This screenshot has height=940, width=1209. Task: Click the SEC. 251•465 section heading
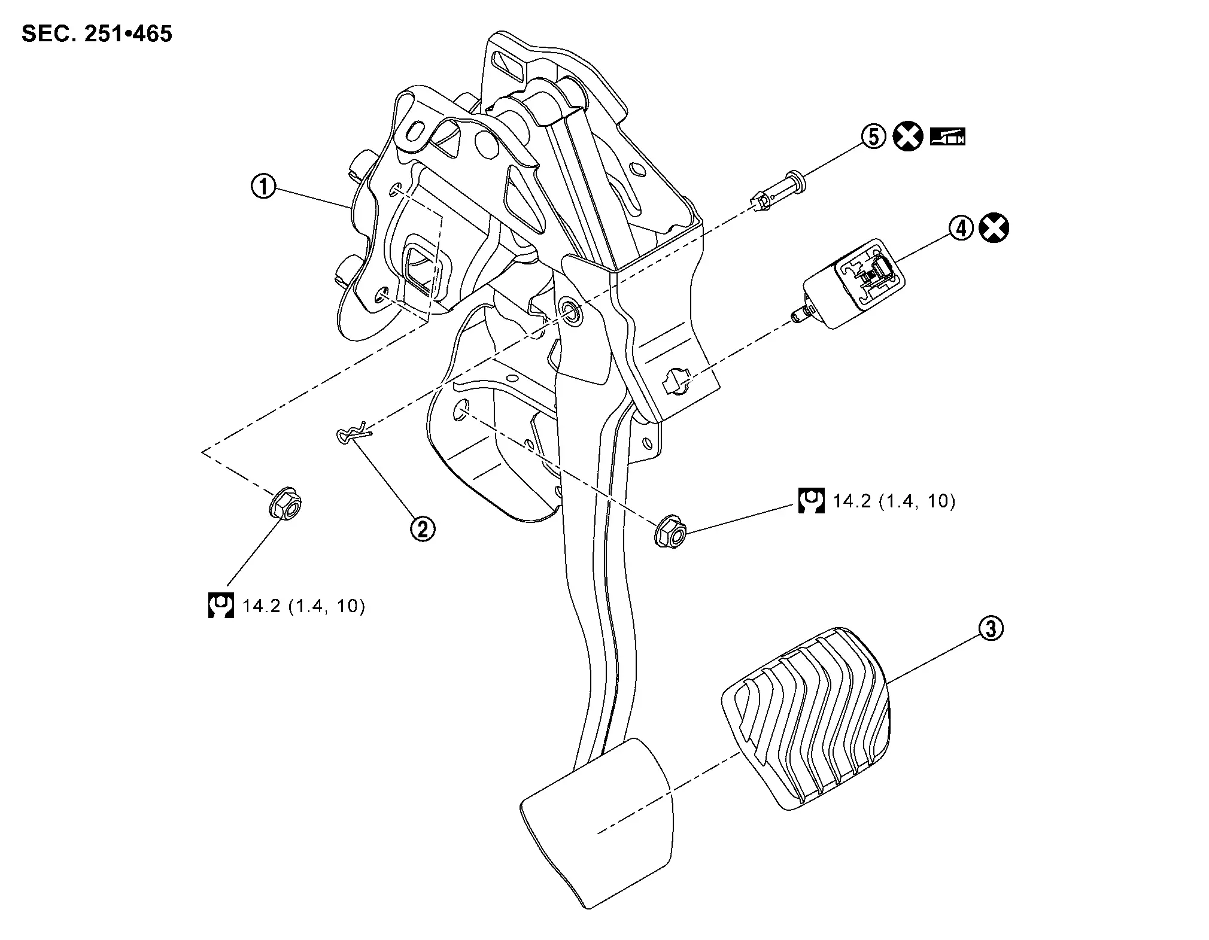click(x=97, y=34)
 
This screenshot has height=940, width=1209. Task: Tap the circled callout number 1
click(x=263, y=187)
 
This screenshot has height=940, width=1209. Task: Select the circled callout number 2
click(x=423, y=528)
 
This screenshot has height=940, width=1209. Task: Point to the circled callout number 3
click(x=991, y=629)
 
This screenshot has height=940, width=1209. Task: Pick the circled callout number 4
click(x=961, y=229)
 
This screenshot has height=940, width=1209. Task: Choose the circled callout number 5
click(x=874, y=137)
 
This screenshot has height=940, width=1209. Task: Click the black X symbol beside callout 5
click(x=908, y=137)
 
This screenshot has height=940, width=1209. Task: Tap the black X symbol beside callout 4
click(x=994, y=229)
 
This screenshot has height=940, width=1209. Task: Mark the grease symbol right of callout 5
click(x=948, y=137)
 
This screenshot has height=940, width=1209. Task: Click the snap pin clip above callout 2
click(x=354, y=435)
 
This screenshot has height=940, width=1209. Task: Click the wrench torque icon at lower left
click(x=220, y=606)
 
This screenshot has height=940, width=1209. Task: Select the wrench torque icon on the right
click(x=811, y=500)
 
